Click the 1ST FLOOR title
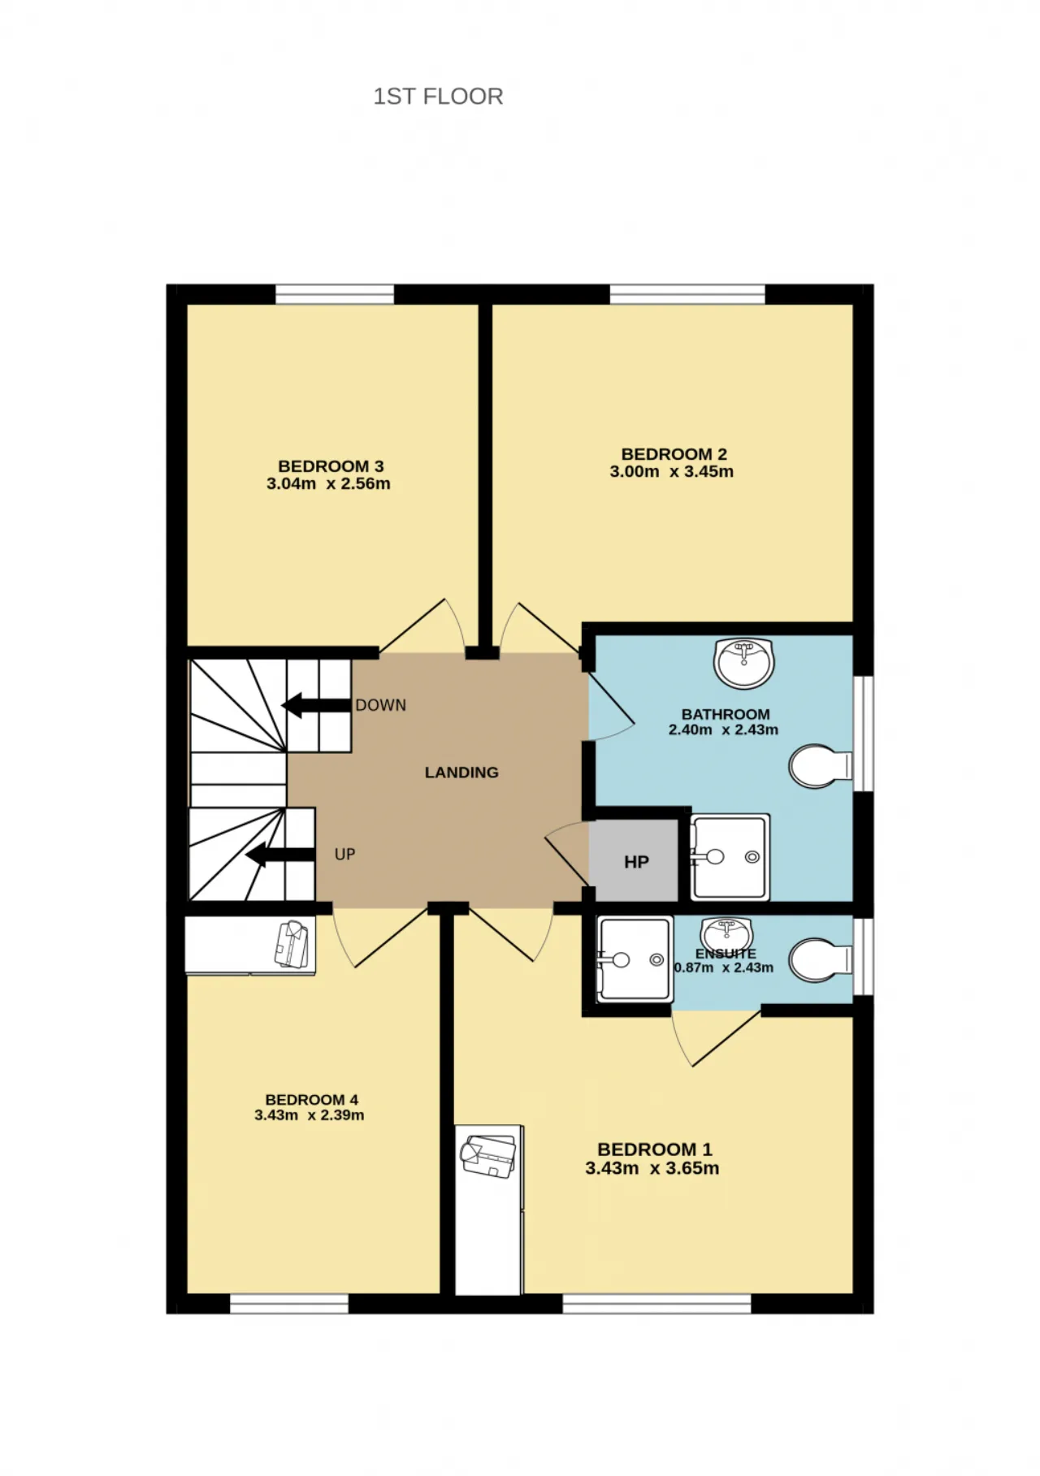coord(438,97)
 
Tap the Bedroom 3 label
coord(331,466)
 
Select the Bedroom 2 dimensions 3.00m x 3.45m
coord(672,472)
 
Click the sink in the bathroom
coord(744,661)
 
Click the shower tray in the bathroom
coord(730,857)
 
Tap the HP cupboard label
coord(636,862)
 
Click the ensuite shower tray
coord(635,959)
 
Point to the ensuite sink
coord(727,931)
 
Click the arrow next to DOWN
coord(316,705)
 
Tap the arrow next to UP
coord(280,855)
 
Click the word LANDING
coord(461,773)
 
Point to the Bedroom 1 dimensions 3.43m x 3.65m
coord(652,1169)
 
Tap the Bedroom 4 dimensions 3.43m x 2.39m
coord(310,1115)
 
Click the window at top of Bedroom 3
coord(335,294)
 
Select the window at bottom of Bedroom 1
coord(656,1303)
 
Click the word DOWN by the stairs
coord(381,705)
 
